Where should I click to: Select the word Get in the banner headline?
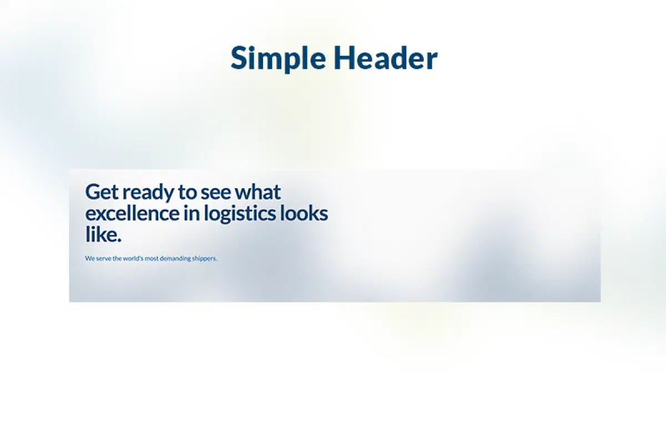pos(102,192)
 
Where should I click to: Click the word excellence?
pos(133,213)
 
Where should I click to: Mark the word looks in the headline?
pos(304,213)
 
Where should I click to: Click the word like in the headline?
pos(101,234)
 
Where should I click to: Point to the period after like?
pos(119,240)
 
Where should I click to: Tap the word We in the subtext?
pos(89,258)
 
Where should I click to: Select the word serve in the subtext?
pos(103,258)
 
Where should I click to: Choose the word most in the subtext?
pos(153,258)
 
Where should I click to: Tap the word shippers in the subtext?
pos(204,259)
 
